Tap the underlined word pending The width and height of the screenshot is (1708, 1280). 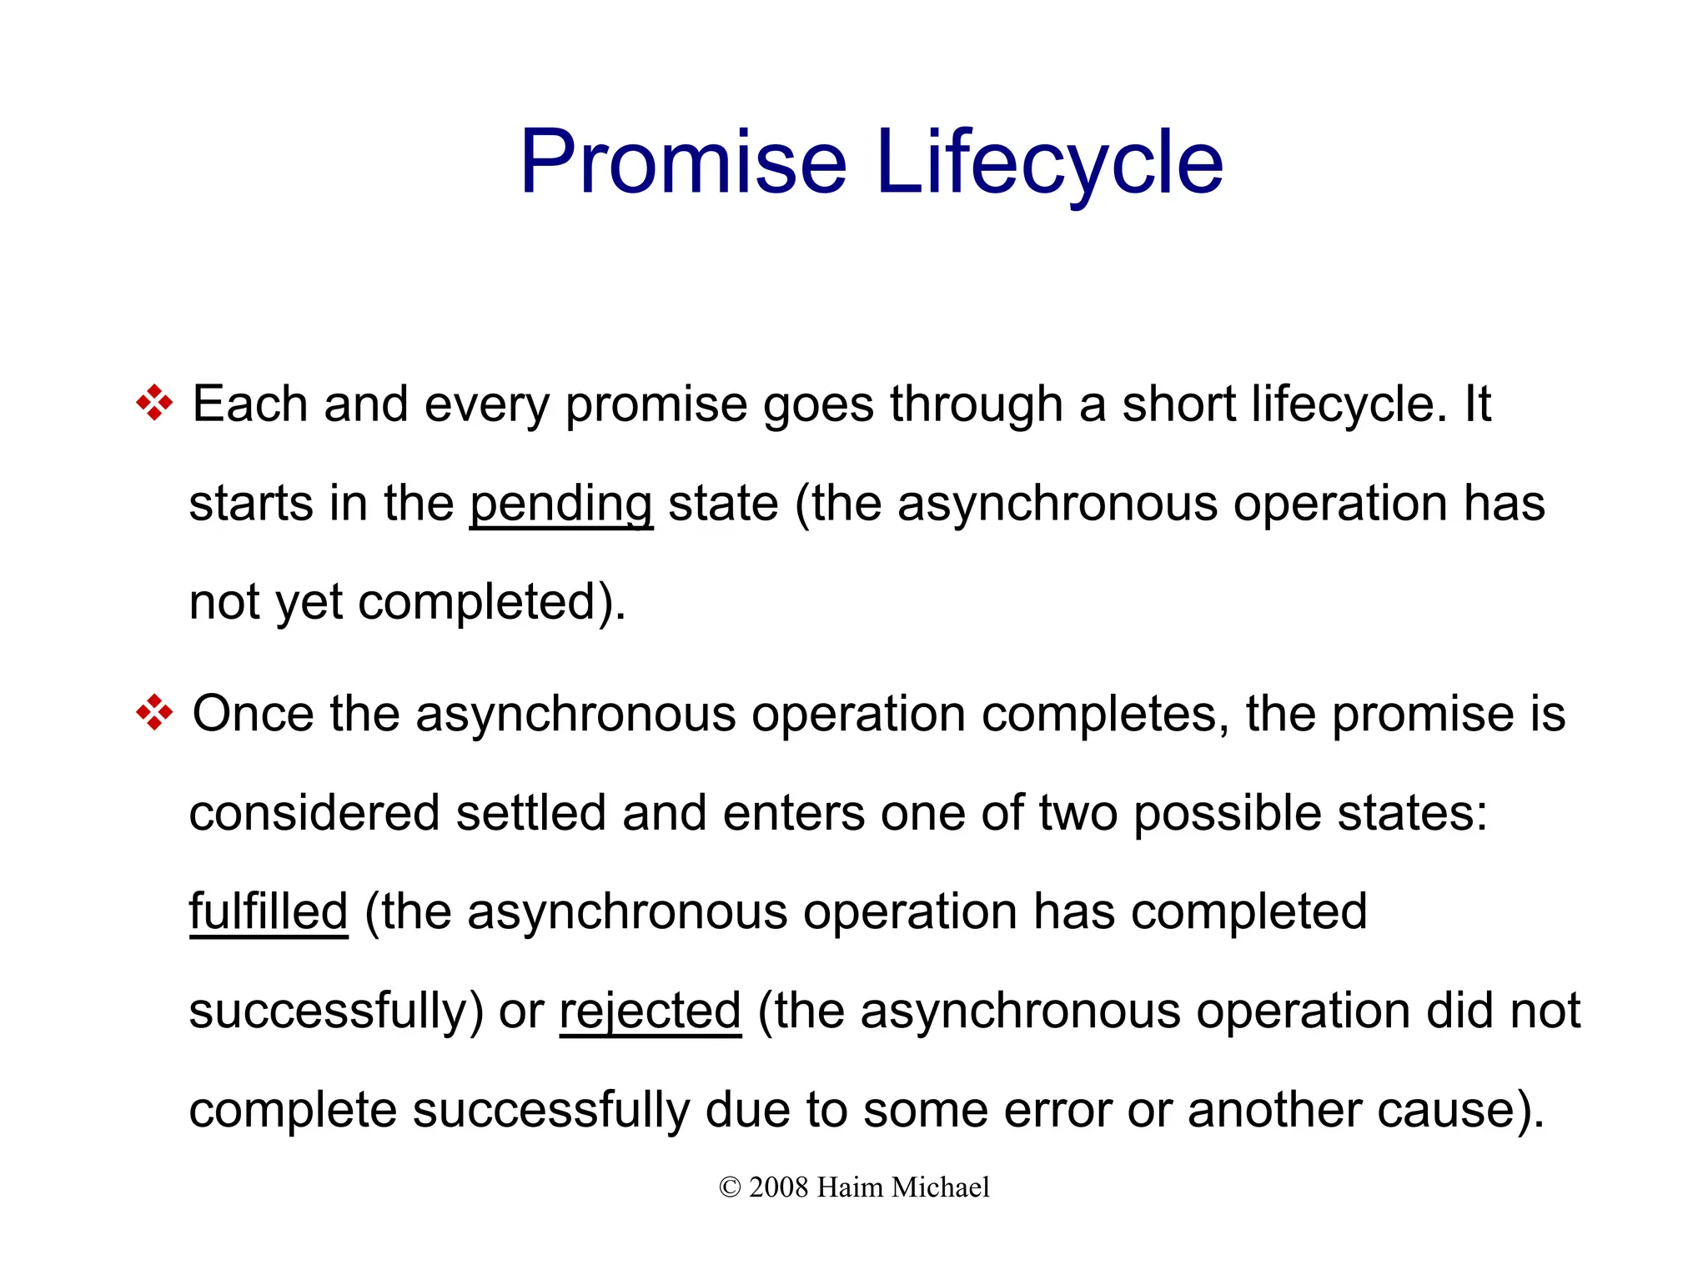(x=560, y=504)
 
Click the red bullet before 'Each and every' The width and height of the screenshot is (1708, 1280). (x=154, y=404)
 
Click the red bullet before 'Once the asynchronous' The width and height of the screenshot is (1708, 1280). (x=154, y=714)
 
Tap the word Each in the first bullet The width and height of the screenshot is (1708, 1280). (x=250, y=404)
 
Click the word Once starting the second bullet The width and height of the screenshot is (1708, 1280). (x=254, y=714)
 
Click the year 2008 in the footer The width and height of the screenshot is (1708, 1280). (x=778, y=1187)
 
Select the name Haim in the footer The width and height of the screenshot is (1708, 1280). (x=850, y=1187)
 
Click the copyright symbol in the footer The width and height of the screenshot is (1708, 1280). (x=730, y=1187)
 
